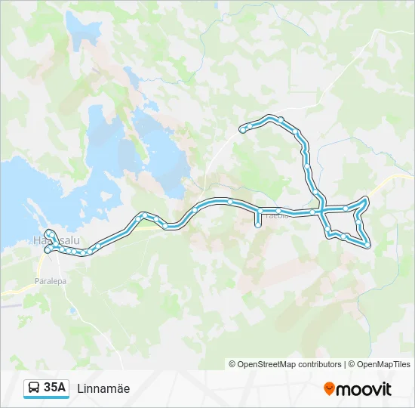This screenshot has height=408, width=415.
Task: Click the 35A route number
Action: pyautogui.click(x=55, y=388)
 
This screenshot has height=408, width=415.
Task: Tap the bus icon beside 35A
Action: pyautogui.click(x=34, y=388)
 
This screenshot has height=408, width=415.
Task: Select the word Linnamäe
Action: pyautogui.click(x=103, y=388)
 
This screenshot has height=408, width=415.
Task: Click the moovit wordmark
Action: pyautogui.click(x=364, y=389)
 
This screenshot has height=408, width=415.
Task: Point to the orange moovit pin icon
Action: pyautogui.click(x=329, y=388)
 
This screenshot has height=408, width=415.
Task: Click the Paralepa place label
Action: pyautogui.click(x=50, y=280)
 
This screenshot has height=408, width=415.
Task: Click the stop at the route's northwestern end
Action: pyautogui.click(x=242, y=129)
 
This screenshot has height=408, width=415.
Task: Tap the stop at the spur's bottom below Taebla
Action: pyautogui.click(x=258, y=224)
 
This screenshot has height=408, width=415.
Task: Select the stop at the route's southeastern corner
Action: pyautogui.click(x=367, y=244)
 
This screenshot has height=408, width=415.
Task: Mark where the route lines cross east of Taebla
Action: pyautogui.click(x=322, y=209)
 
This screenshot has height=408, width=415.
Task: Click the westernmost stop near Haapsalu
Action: pyautogui.click(x=47, y=249)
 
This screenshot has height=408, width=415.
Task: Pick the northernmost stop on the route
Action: pyautogui.click(x=280, y=119)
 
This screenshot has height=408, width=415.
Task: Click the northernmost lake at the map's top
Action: pyautogui.click(x=83, y=30)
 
